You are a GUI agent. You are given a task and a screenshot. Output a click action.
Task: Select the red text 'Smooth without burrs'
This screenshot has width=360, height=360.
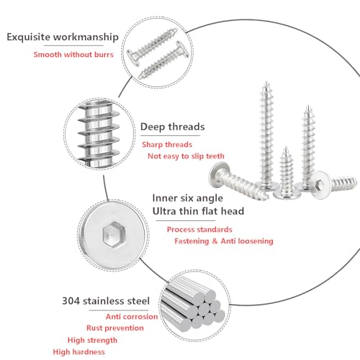coord(73,54)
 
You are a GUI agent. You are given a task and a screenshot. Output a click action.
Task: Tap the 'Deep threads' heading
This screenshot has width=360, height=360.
coord(172,127)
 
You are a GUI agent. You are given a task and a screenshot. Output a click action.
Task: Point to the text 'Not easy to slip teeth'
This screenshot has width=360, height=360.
coord(186,156)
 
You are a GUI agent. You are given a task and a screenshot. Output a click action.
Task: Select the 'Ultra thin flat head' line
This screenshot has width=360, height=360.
coord(198,211)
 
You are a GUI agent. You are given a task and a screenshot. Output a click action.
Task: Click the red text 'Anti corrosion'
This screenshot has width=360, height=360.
coord(132,315)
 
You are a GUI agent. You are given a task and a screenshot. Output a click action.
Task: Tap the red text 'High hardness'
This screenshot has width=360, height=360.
coord(79,351)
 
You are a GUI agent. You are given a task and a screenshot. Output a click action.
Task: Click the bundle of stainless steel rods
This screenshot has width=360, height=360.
coord(192,307)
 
